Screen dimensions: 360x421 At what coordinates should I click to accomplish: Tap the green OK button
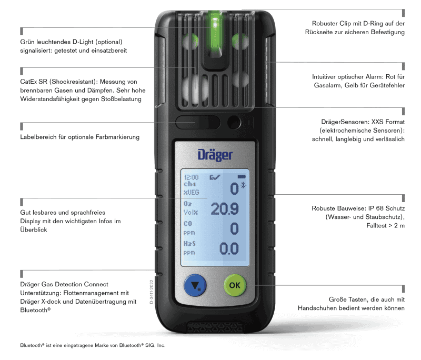click(235, 285)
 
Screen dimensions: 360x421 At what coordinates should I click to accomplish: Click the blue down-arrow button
click(195, 286)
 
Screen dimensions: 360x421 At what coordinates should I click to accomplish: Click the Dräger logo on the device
click(215, 154)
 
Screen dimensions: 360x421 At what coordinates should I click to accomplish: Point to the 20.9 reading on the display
click(225, 208)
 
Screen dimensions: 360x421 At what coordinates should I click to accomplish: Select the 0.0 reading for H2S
click(229, 248)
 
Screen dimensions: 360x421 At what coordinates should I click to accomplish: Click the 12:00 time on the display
click(191, 178)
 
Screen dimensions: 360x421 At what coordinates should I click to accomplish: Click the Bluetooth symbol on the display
click(243, 185)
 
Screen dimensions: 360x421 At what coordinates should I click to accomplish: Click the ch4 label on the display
click(189, 185)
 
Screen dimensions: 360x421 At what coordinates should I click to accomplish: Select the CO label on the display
click(188, 224)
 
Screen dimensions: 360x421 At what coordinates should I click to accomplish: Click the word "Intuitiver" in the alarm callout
click(327, 77)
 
